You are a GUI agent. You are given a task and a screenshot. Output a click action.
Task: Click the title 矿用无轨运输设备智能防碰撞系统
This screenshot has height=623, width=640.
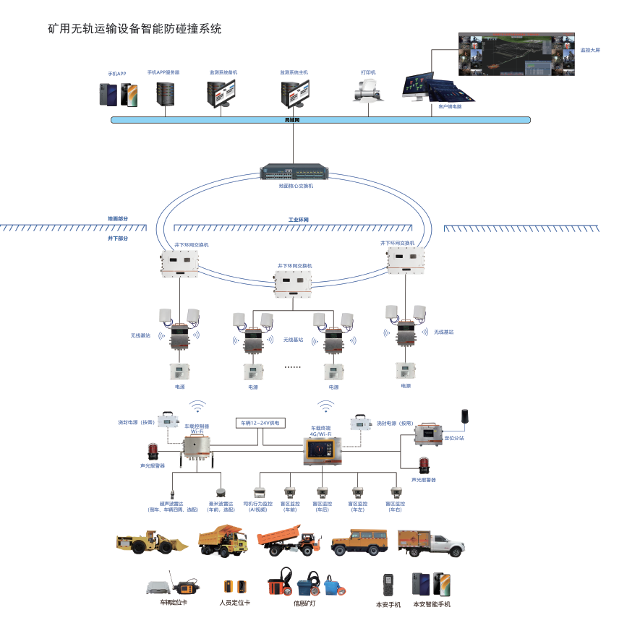tap(134, 29)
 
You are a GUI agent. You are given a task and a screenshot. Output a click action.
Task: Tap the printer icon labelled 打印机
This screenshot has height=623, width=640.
tap(367, 91)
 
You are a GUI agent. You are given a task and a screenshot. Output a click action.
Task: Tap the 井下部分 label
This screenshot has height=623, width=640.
tap(117, 238)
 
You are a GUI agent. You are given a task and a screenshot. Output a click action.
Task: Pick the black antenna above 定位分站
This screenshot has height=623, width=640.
tap(465, 417)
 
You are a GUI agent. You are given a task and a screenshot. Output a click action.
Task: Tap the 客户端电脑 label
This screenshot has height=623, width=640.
tap(449, 106)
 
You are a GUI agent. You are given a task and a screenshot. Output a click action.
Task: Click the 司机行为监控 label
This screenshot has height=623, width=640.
tap(258, 504)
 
